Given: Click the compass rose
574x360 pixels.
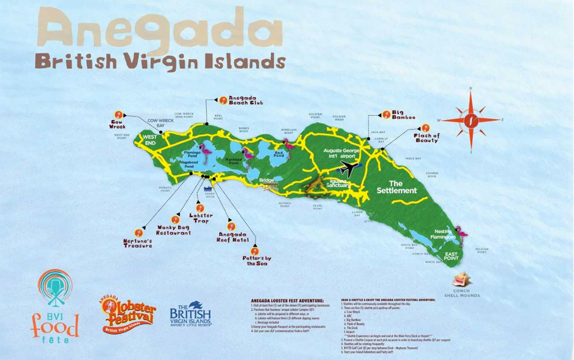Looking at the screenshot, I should [x=472, y=120].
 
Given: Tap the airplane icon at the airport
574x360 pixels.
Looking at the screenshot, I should [x=349, y=169].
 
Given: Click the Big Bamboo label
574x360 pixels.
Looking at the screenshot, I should [x=403, y=115].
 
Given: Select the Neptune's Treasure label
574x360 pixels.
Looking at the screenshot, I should [x=137, y=243].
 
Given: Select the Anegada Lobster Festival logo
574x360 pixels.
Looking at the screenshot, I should [x=128, y=313].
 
